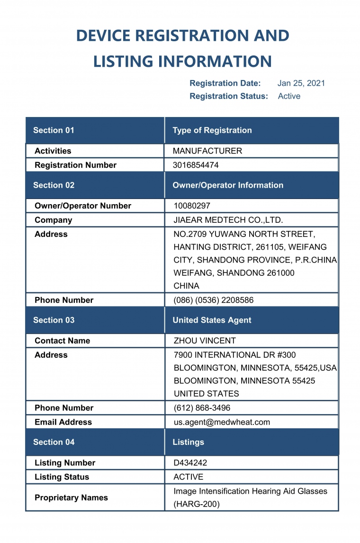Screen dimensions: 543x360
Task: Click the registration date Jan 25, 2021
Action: click(301, 83)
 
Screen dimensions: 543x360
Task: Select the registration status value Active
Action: click(289, 96)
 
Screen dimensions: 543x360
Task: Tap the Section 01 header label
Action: click(54, 130)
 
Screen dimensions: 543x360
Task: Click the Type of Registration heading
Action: click(212, 130)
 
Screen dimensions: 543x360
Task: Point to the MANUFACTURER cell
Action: click(207, 151)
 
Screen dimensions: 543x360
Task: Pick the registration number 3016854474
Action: click(196, 165)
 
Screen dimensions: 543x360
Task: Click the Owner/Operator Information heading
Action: click(228, 185)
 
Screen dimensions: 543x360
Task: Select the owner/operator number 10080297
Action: click(192, 206)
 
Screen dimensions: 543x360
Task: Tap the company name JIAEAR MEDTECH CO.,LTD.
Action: click(228, 220)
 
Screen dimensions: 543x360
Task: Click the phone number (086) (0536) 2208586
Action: click(213, 300)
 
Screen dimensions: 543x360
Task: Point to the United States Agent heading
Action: click(212, 320)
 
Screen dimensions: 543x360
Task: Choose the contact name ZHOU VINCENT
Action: click(205, 341)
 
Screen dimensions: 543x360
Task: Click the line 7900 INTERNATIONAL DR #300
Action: click(234, 355)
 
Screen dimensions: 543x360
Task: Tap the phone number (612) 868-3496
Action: click(202, 408)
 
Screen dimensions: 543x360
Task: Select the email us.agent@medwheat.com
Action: click(222, 422)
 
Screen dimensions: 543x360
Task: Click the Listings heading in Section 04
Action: click(188, 442)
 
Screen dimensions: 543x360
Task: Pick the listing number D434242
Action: click(190, 463)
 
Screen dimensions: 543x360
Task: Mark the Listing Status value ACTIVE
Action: click(189, 477)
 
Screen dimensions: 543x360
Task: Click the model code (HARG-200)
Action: click(197, 504)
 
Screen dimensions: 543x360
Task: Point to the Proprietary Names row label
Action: click(71, 498)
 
